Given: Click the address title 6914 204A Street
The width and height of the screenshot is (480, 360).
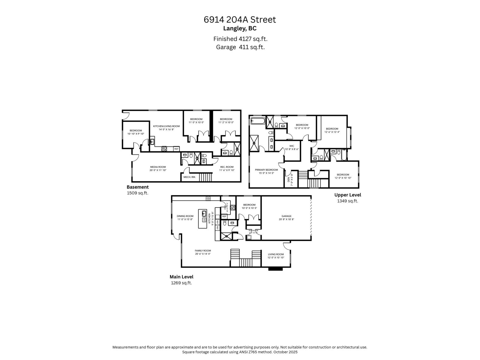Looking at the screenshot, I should tap(240, 20).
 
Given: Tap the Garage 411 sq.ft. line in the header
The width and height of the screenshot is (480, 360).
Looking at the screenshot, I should tap(240, 47).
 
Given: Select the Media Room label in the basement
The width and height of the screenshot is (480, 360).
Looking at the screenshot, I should tap(158, 169).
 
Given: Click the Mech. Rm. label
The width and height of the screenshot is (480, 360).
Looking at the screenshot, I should tap(189, 177).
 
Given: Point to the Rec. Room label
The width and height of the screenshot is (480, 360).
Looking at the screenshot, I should tap(226, 169).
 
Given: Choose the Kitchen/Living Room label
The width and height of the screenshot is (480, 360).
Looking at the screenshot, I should tap(166, 128).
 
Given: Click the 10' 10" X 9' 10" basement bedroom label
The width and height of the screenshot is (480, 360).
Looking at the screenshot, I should tap(136, 132).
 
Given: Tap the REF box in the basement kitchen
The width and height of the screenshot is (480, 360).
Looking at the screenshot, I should tap(176, 149).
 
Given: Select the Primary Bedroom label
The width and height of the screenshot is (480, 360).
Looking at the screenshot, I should tap(266, 171).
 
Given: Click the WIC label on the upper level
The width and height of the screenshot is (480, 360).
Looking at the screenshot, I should tap(292, 147).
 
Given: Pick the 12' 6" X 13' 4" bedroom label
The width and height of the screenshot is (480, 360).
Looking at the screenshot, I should tap(332, 130).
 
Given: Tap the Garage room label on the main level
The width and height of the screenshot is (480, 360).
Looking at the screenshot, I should tap(286, 217).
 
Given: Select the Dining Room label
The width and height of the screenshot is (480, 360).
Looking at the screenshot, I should tap(185, 217).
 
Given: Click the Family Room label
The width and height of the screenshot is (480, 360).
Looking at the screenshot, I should tap(203, 252).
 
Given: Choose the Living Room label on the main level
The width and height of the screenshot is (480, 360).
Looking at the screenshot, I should tap(275, 256).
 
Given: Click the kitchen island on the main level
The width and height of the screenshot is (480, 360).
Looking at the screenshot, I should tap(204, 219).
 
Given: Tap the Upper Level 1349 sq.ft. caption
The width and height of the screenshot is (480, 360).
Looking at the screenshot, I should tap(347, 198).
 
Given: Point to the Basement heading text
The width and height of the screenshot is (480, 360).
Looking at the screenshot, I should tap(137, 187).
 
